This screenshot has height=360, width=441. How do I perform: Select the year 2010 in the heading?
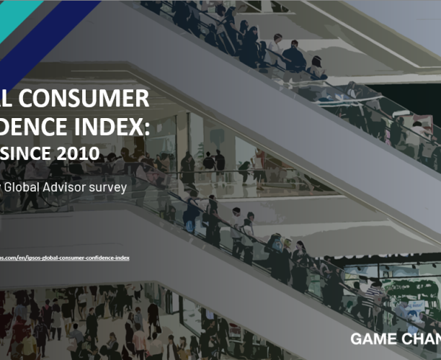click(x=78, y=153)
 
